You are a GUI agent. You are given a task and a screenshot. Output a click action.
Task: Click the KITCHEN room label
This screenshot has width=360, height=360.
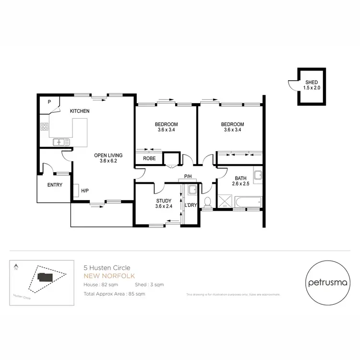coord(80,111)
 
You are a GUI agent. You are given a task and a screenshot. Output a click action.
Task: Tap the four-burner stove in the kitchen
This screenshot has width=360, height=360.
coord(45,127)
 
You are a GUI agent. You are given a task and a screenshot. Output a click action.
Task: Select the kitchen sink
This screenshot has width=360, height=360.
coord(61,142)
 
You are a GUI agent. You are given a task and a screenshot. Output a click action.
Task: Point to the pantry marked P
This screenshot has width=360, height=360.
coord(49,102)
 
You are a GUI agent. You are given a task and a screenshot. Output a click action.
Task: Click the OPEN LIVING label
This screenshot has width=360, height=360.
coord(108,155)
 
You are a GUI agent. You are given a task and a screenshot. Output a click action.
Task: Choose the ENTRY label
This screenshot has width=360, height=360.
coord(54,185)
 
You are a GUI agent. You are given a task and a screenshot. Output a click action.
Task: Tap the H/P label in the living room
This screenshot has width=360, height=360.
coord(84,191)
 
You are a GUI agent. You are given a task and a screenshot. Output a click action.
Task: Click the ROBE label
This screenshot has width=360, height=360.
coord(149,158)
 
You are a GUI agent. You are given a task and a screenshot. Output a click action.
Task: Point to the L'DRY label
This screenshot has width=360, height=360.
coord(191,205)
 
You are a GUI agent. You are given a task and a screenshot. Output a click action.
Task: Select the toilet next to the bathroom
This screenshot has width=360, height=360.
coord(207,202)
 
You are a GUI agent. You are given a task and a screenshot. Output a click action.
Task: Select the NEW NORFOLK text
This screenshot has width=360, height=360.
coord(109,276)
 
